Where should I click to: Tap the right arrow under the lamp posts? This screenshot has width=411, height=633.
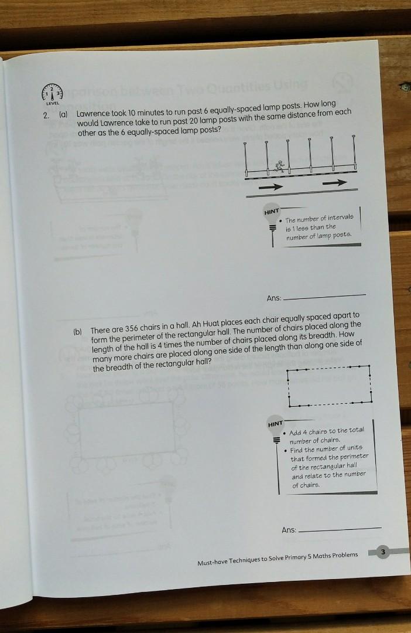[x=335, y=182]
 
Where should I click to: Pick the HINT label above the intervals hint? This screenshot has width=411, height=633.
[x=272, y=211]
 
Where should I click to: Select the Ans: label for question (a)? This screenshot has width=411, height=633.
[x=274, y=298]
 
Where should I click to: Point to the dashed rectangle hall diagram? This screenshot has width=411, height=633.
[x=328, y=386]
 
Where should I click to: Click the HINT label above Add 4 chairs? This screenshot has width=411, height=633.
[x=275, y=423]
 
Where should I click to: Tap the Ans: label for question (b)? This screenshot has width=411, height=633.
[x=289, y=530]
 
